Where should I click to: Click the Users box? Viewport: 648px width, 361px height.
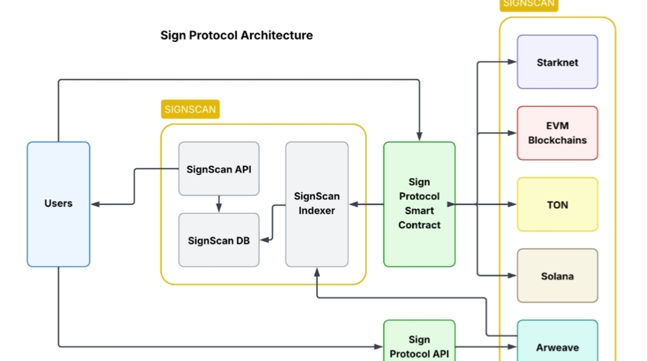point(58,204)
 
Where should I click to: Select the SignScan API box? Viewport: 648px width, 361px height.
point(218,169)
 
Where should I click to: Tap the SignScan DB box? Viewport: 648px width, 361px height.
point(218,240)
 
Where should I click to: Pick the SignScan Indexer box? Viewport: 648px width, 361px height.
point(317,204)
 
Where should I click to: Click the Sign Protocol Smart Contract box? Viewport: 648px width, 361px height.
point(419,204)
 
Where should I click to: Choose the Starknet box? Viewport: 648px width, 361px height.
point(557,62)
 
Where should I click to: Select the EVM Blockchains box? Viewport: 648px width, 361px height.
point(557,133)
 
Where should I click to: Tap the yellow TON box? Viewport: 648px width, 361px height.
point(557,204)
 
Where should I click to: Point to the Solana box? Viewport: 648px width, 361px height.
point(557,275)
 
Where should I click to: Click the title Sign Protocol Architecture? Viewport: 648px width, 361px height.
point(236,35)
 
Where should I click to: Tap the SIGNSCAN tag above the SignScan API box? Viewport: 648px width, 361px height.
point(190,109)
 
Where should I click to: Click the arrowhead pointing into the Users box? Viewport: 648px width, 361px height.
point(95,204)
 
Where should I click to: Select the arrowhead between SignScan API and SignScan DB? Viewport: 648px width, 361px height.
point(218,207)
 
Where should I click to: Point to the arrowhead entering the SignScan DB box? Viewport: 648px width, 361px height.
point(265,240)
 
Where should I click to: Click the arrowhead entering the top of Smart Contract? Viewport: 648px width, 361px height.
point(419,136)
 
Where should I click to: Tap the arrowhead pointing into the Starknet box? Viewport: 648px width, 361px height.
point(512,62)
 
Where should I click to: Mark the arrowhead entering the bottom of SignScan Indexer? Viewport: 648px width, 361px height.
point(317,272)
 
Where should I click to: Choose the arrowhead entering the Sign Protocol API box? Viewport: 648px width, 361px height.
point(378,347)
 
